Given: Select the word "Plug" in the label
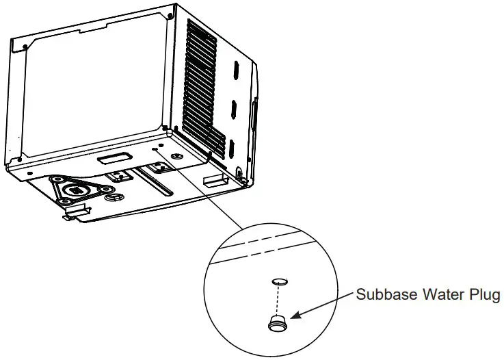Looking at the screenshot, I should coord(486,296).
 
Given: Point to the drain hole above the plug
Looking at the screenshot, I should coord(278,281).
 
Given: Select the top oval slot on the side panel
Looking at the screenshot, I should coord(233,70).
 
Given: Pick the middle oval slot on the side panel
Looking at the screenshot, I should coord(233,110).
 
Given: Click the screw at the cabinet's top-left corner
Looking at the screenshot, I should coord(25,46).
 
